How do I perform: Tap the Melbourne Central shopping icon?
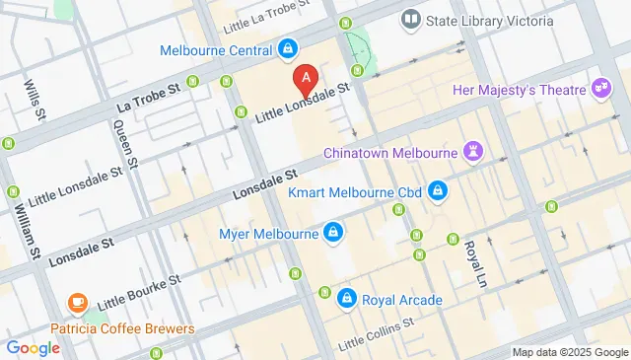click(x=286, y=47)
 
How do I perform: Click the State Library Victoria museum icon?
click(x=409, y=19)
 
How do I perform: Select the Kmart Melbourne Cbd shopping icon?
click(x=440, y=191)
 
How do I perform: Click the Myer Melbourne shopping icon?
click(x=334, y=234)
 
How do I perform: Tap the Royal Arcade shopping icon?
click(x=346, y=297)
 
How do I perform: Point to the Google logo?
click(x=34, y=347)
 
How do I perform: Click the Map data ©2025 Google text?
click(x=569, y=352)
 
